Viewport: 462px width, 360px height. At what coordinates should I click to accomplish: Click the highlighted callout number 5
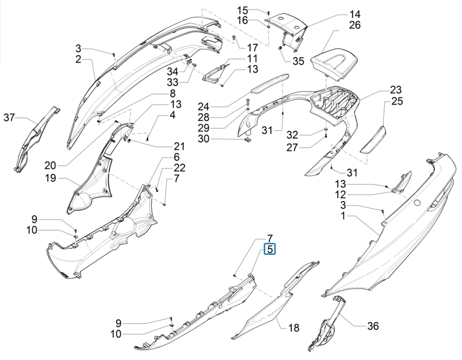pos(270,249)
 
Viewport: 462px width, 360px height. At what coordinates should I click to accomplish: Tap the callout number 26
pos(355,25)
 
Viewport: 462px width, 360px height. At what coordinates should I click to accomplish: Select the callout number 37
pos(10,118)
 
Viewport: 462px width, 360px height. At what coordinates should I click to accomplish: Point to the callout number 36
pos(372,326)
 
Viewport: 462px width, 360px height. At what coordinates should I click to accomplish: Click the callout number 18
pos(293,328)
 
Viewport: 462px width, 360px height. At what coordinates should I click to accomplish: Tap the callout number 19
pos(50,178)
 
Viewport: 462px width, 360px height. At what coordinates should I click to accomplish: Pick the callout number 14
pos(355,14)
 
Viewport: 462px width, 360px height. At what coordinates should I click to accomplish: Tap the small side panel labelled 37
pos(38,136)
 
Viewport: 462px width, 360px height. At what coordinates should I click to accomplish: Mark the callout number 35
pos(298,61)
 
